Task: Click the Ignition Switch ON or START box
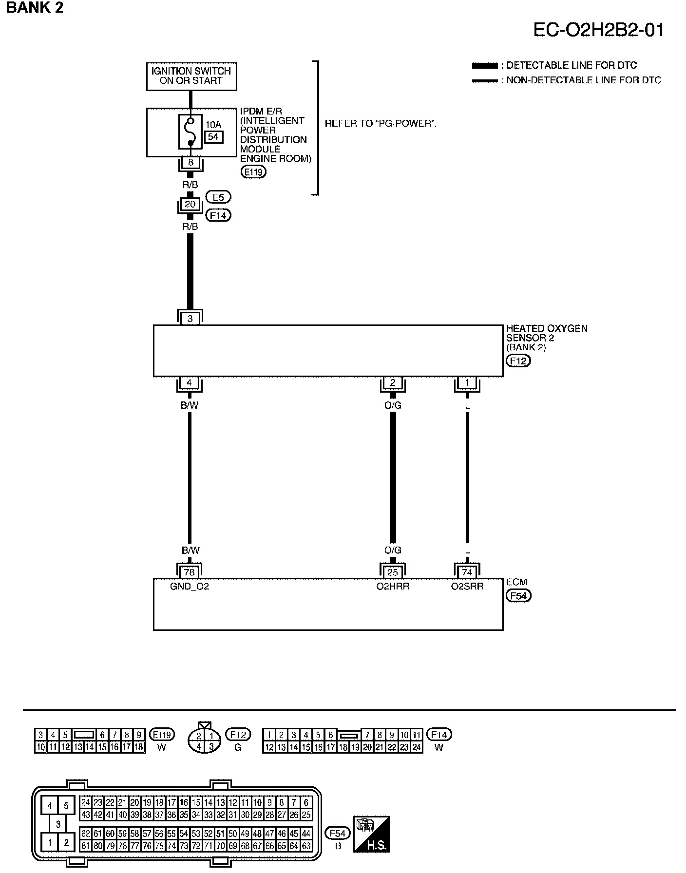tap(191, 76)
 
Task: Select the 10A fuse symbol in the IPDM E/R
tap(190, 132)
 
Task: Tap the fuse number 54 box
tap(213, 137)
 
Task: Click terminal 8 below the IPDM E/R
tap(191, 163)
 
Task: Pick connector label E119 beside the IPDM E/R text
tap(254, 171)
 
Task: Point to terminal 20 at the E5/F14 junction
tap(190, 205)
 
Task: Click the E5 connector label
tap(218, 197)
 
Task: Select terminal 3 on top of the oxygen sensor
tap(190, 319)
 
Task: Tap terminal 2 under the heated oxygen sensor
tap(393, 383)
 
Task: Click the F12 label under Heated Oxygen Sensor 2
tap(518, 361)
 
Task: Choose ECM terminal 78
tap(189, 572)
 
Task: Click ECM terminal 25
tap(393, 572)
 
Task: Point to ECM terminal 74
tap(467, 572)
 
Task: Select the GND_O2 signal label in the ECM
tap(190, 587)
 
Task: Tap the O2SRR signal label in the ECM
tap(467, 587)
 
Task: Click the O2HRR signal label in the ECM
tap(393, 587)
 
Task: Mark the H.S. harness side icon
tap(371, 834)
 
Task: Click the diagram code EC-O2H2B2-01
tap(598, 30)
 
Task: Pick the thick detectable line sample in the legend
tap(485, 66)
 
